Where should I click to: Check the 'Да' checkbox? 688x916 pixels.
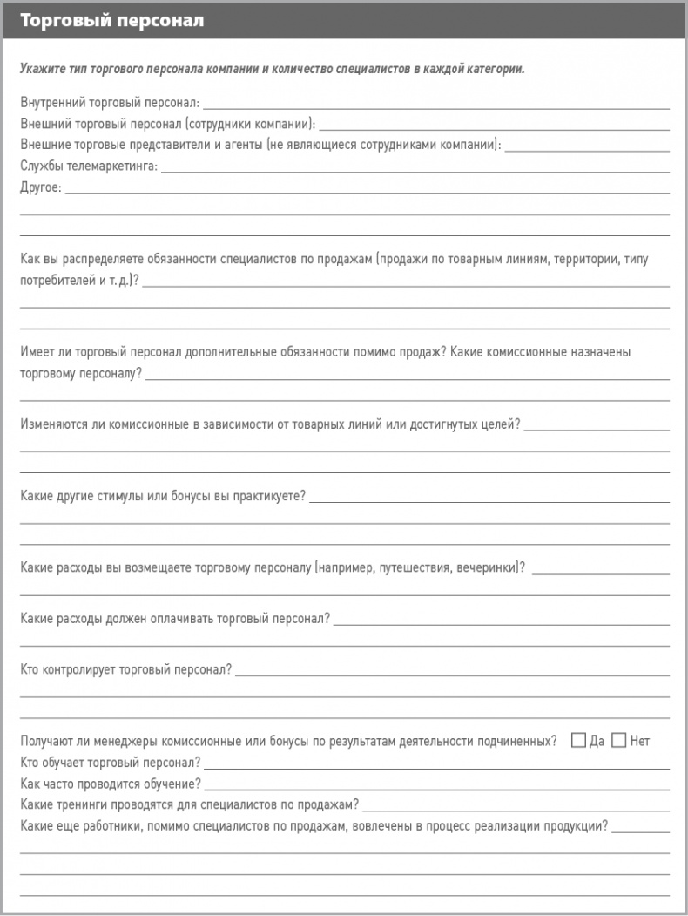tap(578, 741)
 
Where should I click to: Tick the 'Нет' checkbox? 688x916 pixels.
tap(619, 741)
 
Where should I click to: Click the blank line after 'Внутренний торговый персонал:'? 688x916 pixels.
tap(435, 105)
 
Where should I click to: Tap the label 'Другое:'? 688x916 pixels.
tap(40, 187)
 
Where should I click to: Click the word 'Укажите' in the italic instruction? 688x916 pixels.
tap(42, 69)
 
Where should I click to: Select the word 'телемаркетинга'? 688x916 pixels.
tap(114, 166)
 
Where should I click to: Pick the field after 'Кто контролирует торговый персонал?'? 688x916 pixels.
tap(452, 671)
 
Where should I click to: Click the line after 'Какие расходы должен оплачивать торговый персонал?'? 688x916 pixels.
tap(501, 620)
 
